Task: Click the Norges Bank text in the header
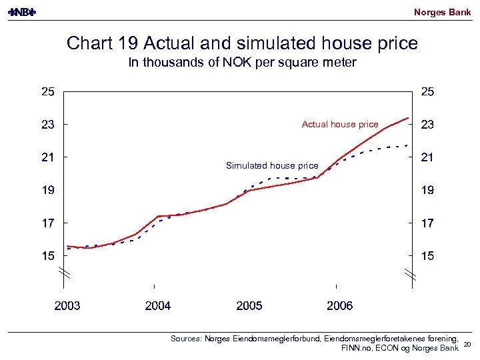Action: pyautogui.click(x=442, y=12)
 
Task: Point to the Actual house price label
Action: pyautogui.click(x=339, y=125)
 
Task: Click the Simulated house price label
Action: pyautogui.click(x=272, y=165)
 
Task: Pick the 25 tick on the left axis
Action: pyautogui.click(x=48, y=92)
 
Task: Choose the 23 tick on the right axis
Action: pyautogui.click(x=427, y=125)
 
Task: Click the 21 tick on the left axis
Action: pyautogui.click(x=48, y=157)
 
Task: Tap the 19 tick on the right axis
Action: pyautogui.click(x=427, y=190)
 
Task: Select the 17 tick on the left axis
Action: pyautogui.click(x=48, y=223)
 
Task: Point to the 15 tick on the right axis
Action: pyautogui.click(x=427, y=255)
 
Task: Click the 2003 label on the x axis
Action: pyautogui.click(x=67, y=306)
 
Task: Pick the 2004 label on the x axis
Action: pyautogui.click(x=158, y=306)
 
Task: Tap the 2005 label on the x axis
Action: pyautogui.click(x=249, y=306)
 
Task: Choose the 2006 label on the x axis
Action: pyautogui.click(x=340, y=306)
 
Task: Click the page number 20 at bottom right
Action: pyautogui.click(x=467, y=344)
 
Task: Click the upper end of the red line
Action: pyautogui.click(x=408, y=118)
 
